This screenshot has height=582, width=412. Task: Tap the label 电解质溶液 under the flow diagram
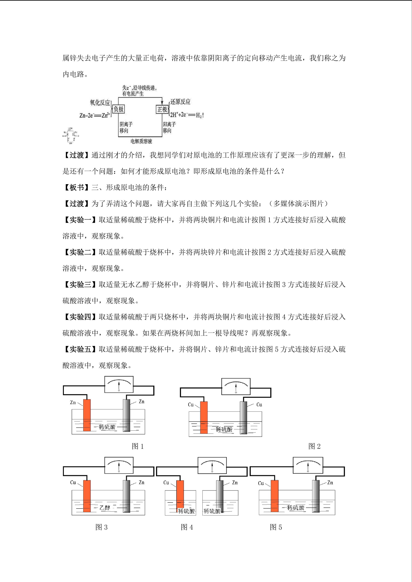pyautogui.click(x=141, y=141)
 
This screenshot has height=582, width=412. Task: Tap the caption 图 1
pyautogui.click(x=138, y=446)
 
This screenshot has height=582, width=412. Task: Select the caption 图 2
pyautogui.click(x=314, y=446)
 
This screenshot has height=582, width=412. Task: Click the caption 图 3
pyautogui.click(x=101, y=527)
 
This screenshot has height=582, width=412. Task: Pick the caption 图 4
pyautogui.click(x=187, y=527)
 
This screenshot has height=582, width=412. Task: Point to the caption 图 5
pyautogui.click(x=276, y=527)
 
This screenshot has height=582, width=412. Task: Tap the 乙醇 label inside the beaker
pyautogui.click(x=105, y=507)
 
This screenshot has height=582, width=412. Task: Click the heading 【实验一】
pyautogui.click(x=80, y=220)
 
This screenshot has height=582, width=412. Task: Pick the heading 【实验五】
pyautogui.click(x=80, y=349)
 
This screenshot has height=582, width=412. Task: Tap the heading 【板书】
pyautogui.click(x=76, y=188)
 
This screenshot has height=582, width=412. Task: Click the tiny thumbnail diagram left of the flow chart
pyautogui.click(x=70, y=136)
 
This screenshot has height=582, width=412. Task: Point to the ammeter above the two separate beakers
pyautogui.click(x=212, y=465)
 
